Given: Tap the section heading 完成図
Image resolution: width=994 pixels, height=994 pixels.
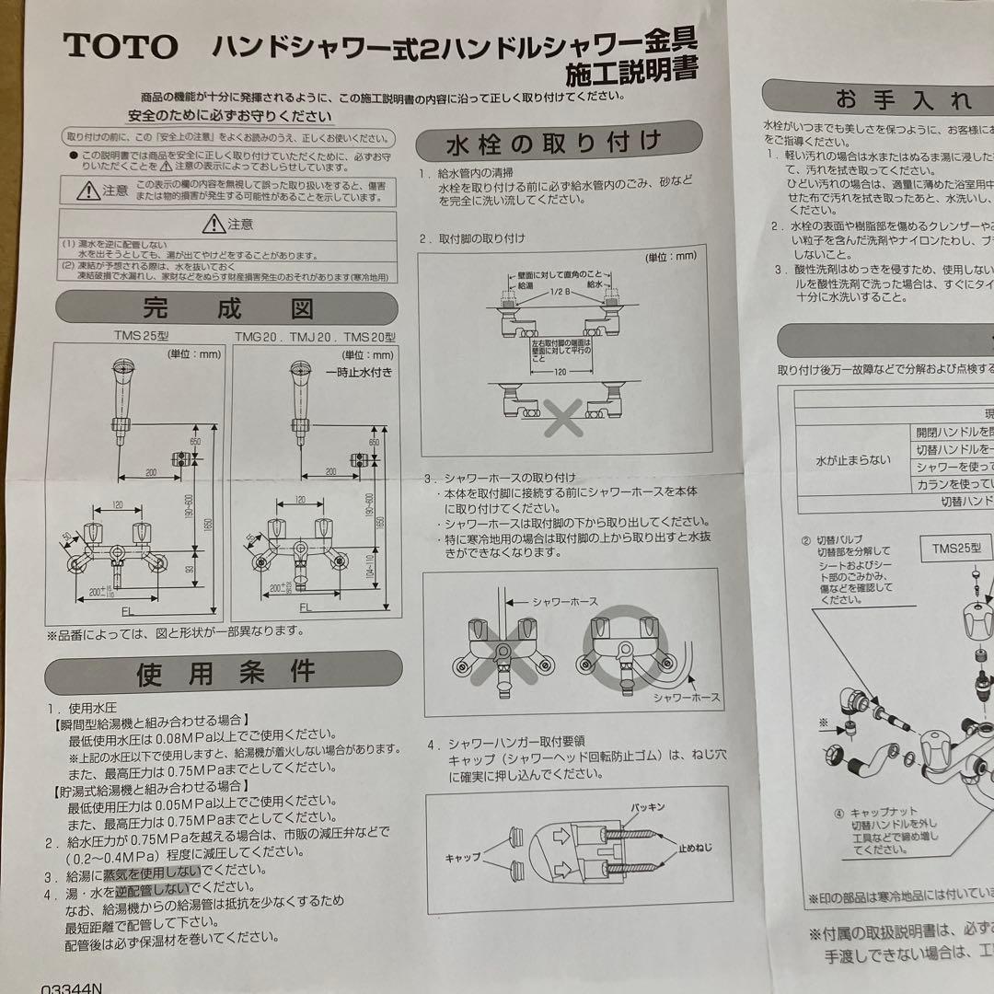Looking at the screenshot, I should pos(226,307).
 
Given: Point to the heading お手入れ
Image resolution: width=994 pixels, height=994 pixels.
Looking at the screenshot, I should pos(903,98).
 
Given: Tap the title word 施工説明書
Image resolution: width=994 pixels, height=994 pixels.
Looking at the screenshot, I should pos(633,69).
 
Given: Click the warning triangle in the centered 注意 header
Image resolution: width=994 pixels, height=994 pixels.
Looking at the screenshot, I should pos(214,223).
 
